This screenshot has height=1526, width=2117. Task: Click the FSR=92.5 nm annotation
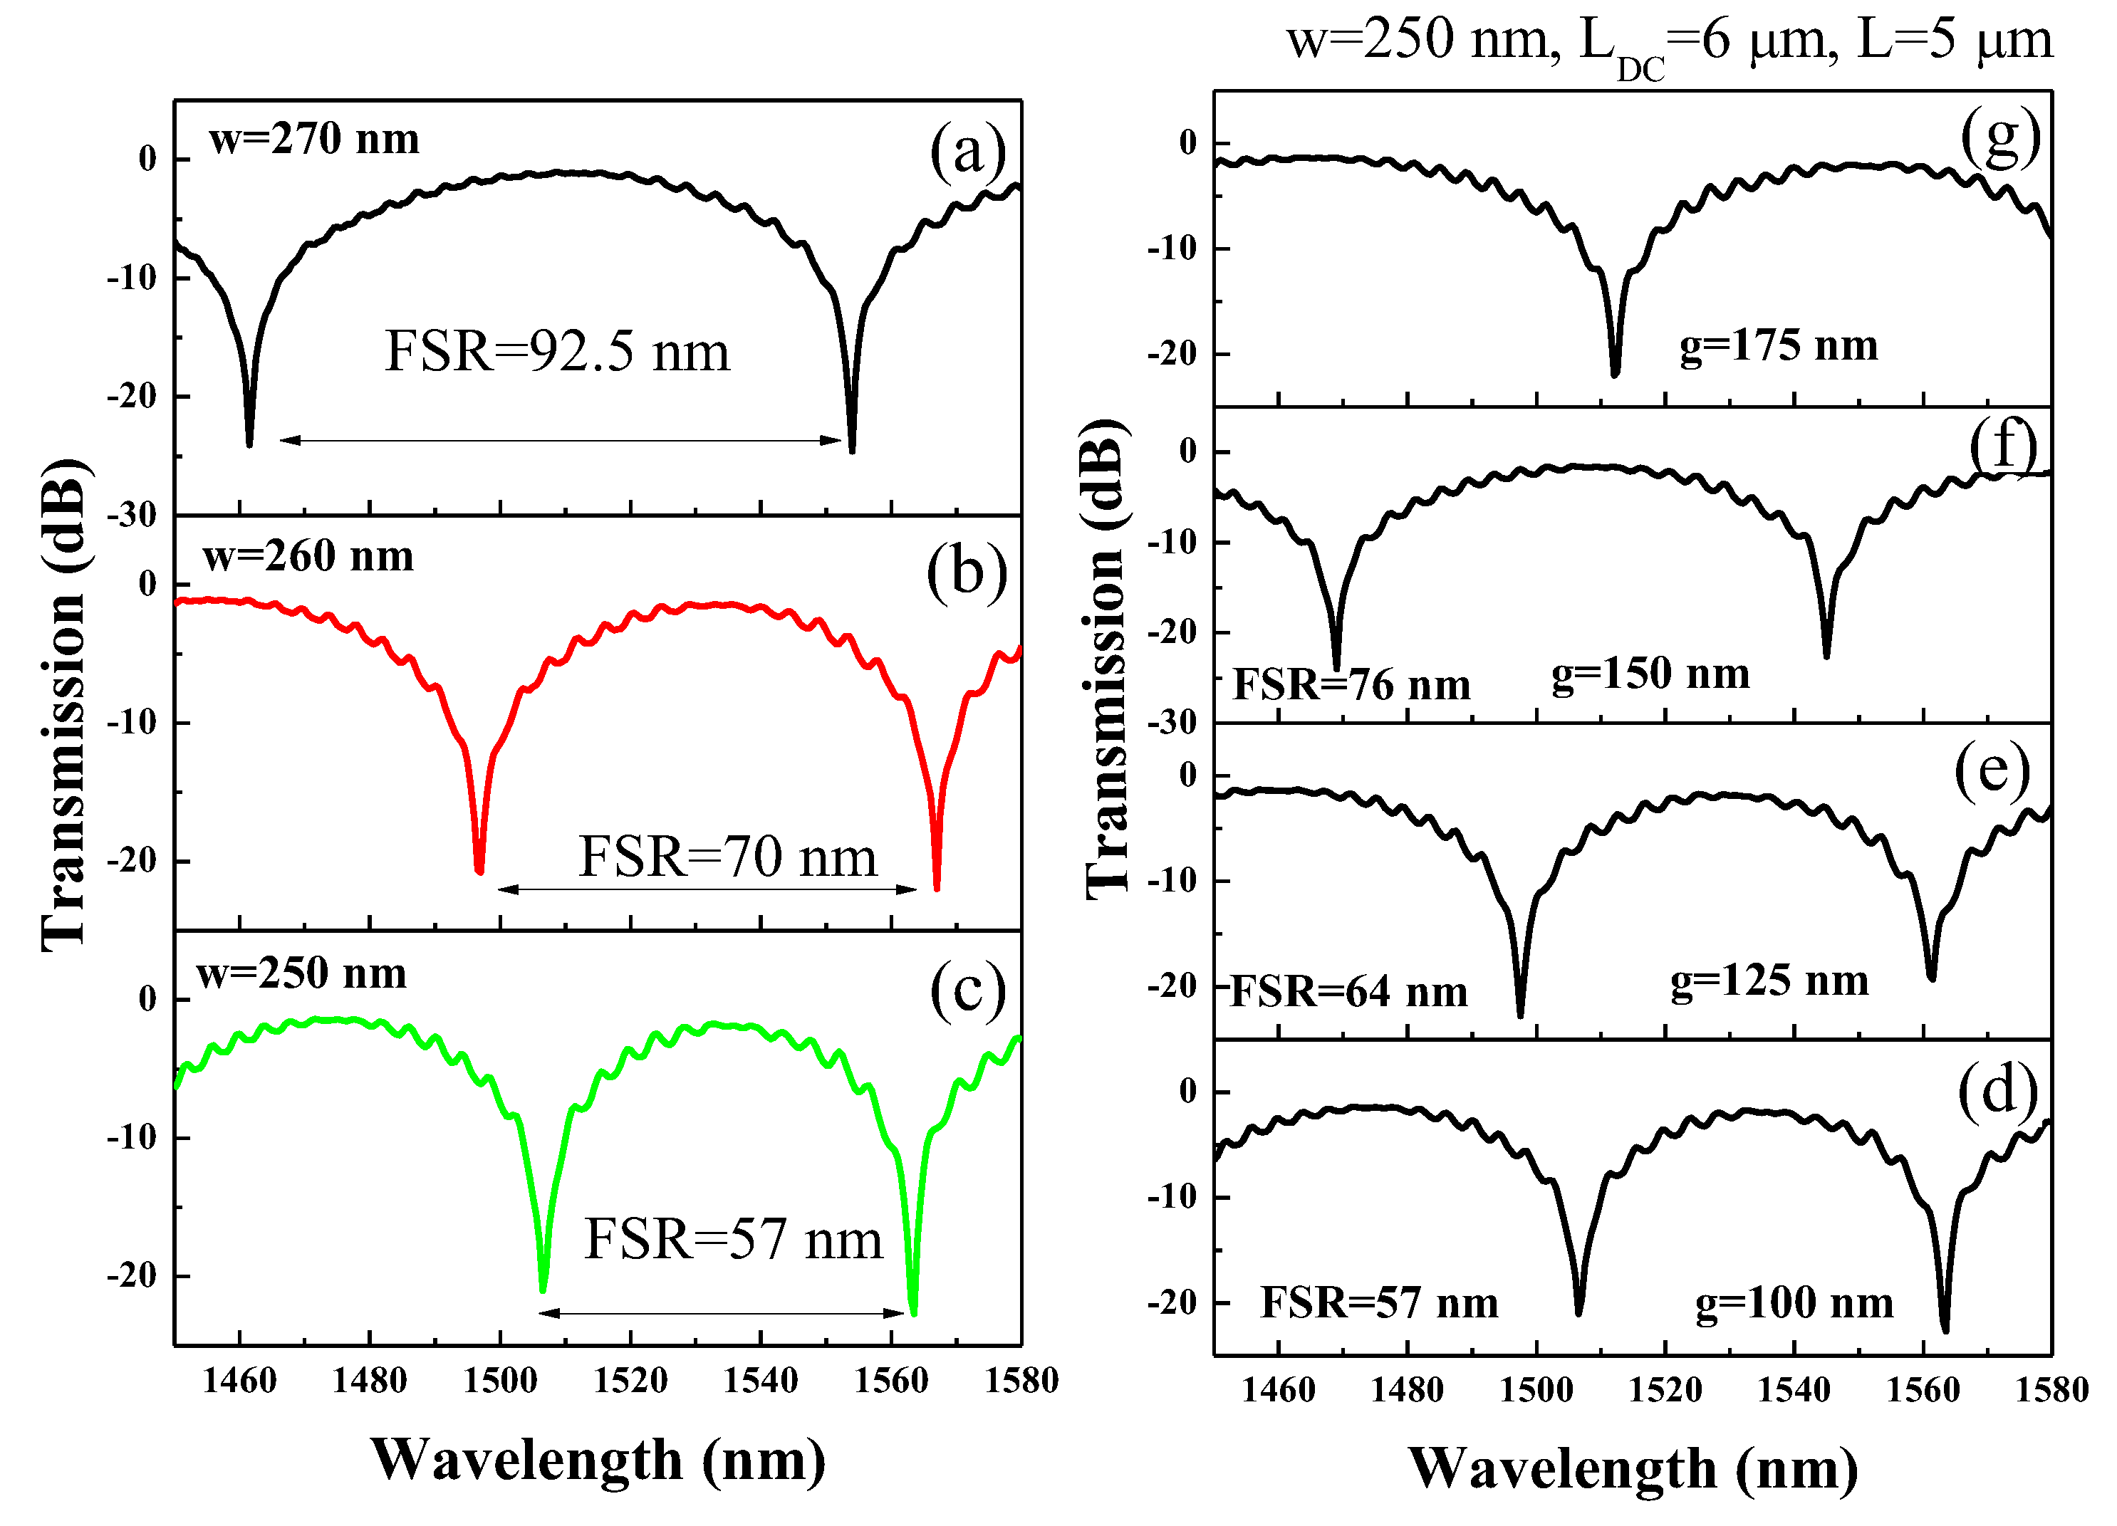pyautogui.click(x=557, y=352)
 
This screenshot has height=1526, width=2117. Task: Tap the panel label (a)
pyautogui.click(x=967, y=150)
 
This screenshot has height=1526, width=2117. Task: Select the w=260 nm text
pyautogui.click(x=308, y=556)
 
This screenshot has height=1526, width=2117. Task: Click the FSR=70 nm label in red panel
pyautogui.click(x=728, y=856)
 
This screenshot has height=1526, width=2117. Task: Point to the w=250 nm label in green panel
pyautogui.click(x=301, y=973)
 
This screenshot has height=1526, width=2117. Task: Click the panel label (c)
pyautogui.click(x=967, y=989)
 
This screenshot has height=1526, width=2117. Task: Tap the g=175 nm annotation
pyautogui.click(x=1778, y=346)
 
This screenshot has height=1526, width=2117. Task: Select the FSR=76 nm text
pyautogui.click(x=1351, y=685)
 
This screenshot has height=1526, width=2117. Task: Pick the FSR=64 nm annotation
pyautogui.click(x=1349, y=992)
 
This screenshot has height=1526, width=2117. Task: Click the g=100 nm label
pyautogui.click(x=1794, y=1303)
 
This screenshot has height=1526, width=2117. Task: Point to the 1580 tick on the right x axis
pyautogui.click(x=2051, y=1390)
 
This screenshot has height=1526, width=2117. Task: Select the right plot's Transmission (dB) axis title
pyautogui.click(x=1107, y=659)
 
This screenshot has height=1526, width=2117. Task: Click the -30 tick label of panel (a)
pyautogui.click(x=132, y=516)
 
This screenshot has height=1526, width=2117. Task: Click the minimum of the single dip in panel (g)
pyautogui.click(x=1615, y=373)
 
